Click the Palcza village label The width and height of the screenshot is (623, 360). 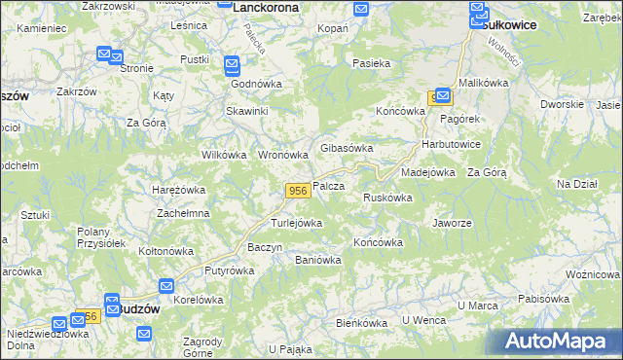pos(329,186)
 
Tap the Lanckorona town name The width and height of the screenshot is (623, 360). pos(266,7)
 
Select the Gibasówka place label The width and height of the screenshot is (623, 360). pos(348,148)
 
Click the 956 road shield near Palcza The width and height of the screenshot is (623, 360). pos(299,190)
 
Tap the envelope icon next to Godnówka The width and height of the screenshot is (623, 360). pos(233,66)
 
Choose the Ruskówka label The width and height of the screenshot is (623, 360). pos(387,198)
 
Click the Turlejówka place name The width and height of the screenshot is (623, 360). pos(296,223)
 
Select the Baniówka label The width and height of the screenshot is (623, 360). pos(317,260)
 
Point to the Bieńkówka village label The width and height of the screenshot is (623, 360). pos(361,322)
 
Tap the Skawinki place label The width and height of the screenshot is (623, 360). pos(248,111)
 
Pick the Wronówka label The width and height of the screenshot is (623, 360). pos(282,155)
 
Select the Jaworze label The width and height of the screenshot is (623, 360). pos(452,223)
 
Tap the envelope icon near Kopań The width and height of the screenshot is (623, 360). pos(361,10)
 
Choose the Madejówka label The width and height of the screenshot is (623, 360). pos(428,172)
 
